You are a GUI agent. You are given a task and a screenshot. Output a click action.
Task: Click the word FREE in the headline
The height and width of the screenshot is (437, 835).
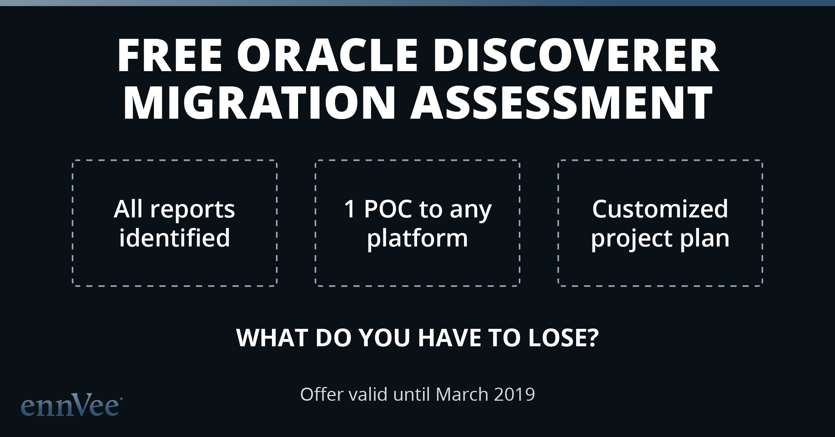pyautogui.click(x=170, y=56)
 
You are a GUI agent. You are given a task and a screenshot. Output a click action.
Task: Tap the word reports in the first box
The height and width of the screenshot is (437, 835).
pyautogui.click(x=192, y=210)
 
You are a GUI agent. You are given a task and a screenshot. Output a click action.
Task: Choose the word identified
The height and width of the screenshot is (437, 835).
pyautogui.click(x=175, y=238)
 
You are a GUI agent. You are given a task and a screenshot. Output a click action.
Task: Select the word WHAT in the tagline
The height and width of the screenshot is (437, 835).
pyautogui.click(x=272, y=338)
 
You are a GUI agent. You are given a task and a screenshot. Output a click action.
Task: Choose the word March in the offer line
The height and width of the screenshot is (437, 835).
pyautogui.click(x=462, y=394)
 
